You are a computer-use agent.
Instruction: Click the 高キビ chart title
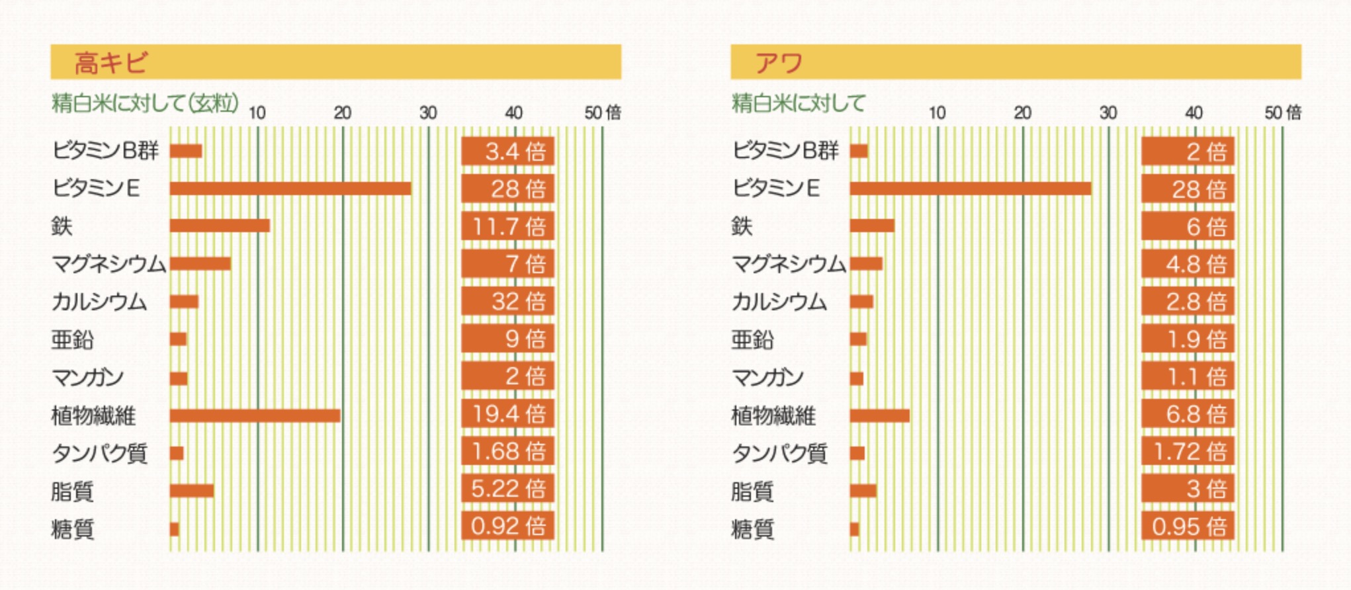pyautogui.click(x=110, y=63)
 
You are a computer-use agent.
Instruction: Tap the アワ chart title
pyautogui.click(x=779, y=63)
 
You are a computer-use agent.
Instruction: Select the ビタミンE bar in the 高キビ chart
pyautogui.click(x=290, y=189)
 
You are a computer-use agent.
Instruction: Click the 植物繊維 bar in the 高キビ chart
pyautogui.click(x=255, y=415)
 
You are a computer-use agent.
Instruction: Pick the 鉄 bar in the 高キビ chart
pyautogui.click(x=220, y=226)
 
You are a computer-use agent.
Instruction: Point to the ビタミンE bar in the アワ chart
pyautogui.click(x=971, y=189)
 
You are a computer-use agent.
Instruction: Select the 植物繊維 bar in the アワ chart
pyautogui.click(x=880, y=415)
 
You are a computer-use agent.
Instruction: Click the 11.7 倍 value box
pyautogui.click(x=507, y=226)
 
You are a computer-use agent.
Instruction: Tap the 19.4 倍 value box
pyautogui.click(x=507, y=414)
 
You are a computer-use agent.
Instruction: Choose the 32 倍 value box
pyautogui.click(x=507, y=302)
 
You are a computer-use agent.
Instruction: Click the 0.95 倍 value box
pyautogui.click(x=1188, y=527)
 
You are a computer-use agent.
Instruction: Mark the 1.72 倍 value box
pyautogui.click(x=1188, y=452)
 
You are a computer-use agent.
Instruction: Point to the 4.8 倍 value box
pyautogui.click(x=1188, y=264)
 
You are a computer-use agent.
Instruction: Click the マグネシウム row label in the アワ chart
pyautogui.click(x=789, y=264)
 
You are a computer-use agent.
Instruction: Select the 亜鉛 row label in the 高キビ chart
pyautogui.click(x=73, y=339)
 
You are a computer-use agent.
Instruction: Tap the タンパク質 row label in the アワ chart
pyautogui.click(x=779, y=453)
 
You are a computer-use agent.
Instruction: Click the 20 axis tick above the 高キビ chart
pyautogui.click(x=342, y=113)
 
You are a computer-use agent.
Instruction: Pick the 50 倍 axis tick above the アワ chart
pyautogui.click(x=1282, y=113)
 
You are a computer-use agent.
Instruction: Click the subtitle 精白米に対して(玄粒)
pyautogui.click(x=145, y=103)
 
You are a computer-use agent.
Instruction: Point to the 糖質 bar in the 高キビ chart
pyautogui.click(x=175, y=529)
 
